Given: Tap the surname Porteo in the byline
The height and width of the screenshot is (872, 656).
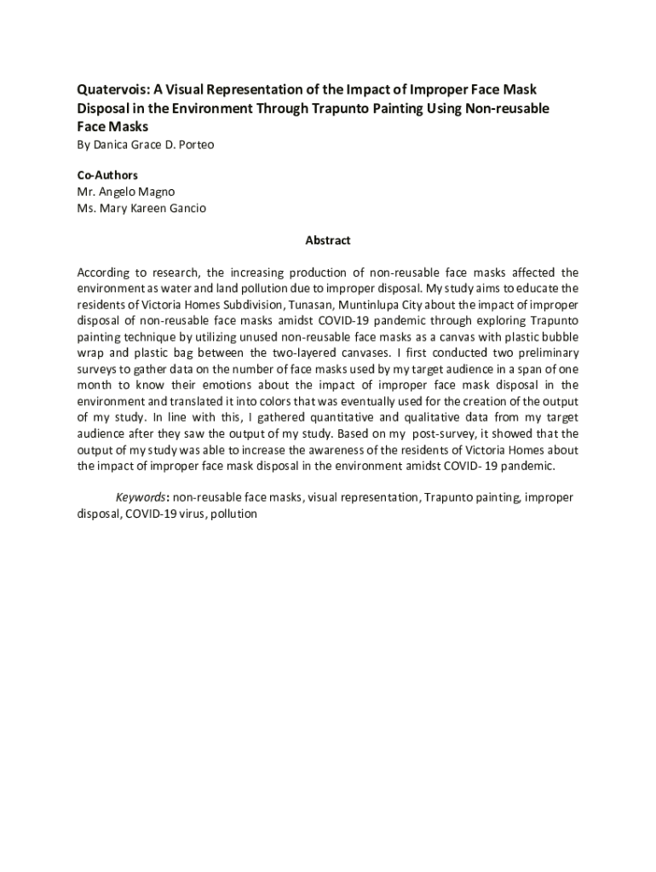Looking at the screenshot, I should coord(195,145).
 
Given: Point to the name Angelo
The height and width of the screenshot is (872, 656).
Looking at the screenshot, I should coord(124,192).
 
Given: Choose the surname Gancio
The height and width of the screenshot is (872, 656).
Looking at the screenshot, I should coord(185,208).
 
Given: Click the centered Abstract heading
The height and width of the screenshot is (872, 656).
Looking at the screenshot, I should coord(328,241).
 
